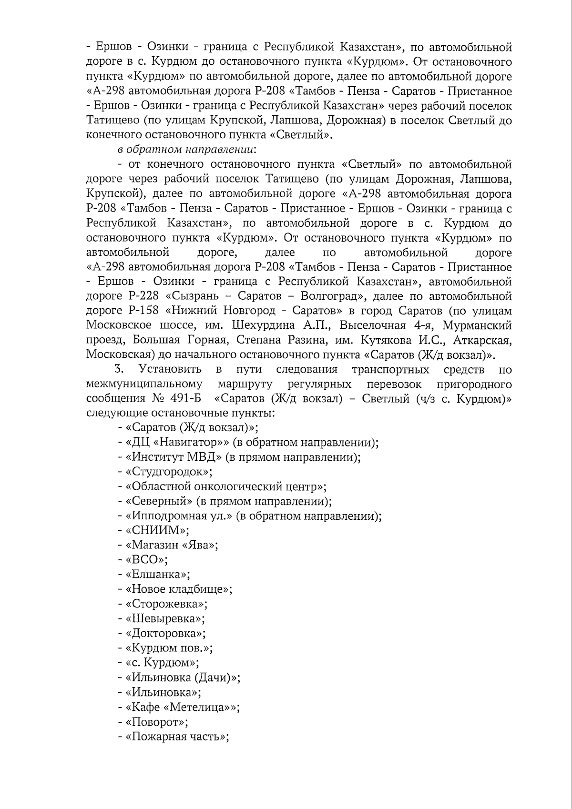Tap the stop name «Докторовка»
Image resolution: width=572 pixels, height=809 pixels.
[x=165, y=634]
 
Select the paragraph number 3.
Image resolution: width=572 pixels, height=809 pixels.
[x=119, y=369]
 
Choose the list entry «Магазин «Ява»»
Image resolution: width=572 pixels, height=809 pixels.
[x=172, y=545]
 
